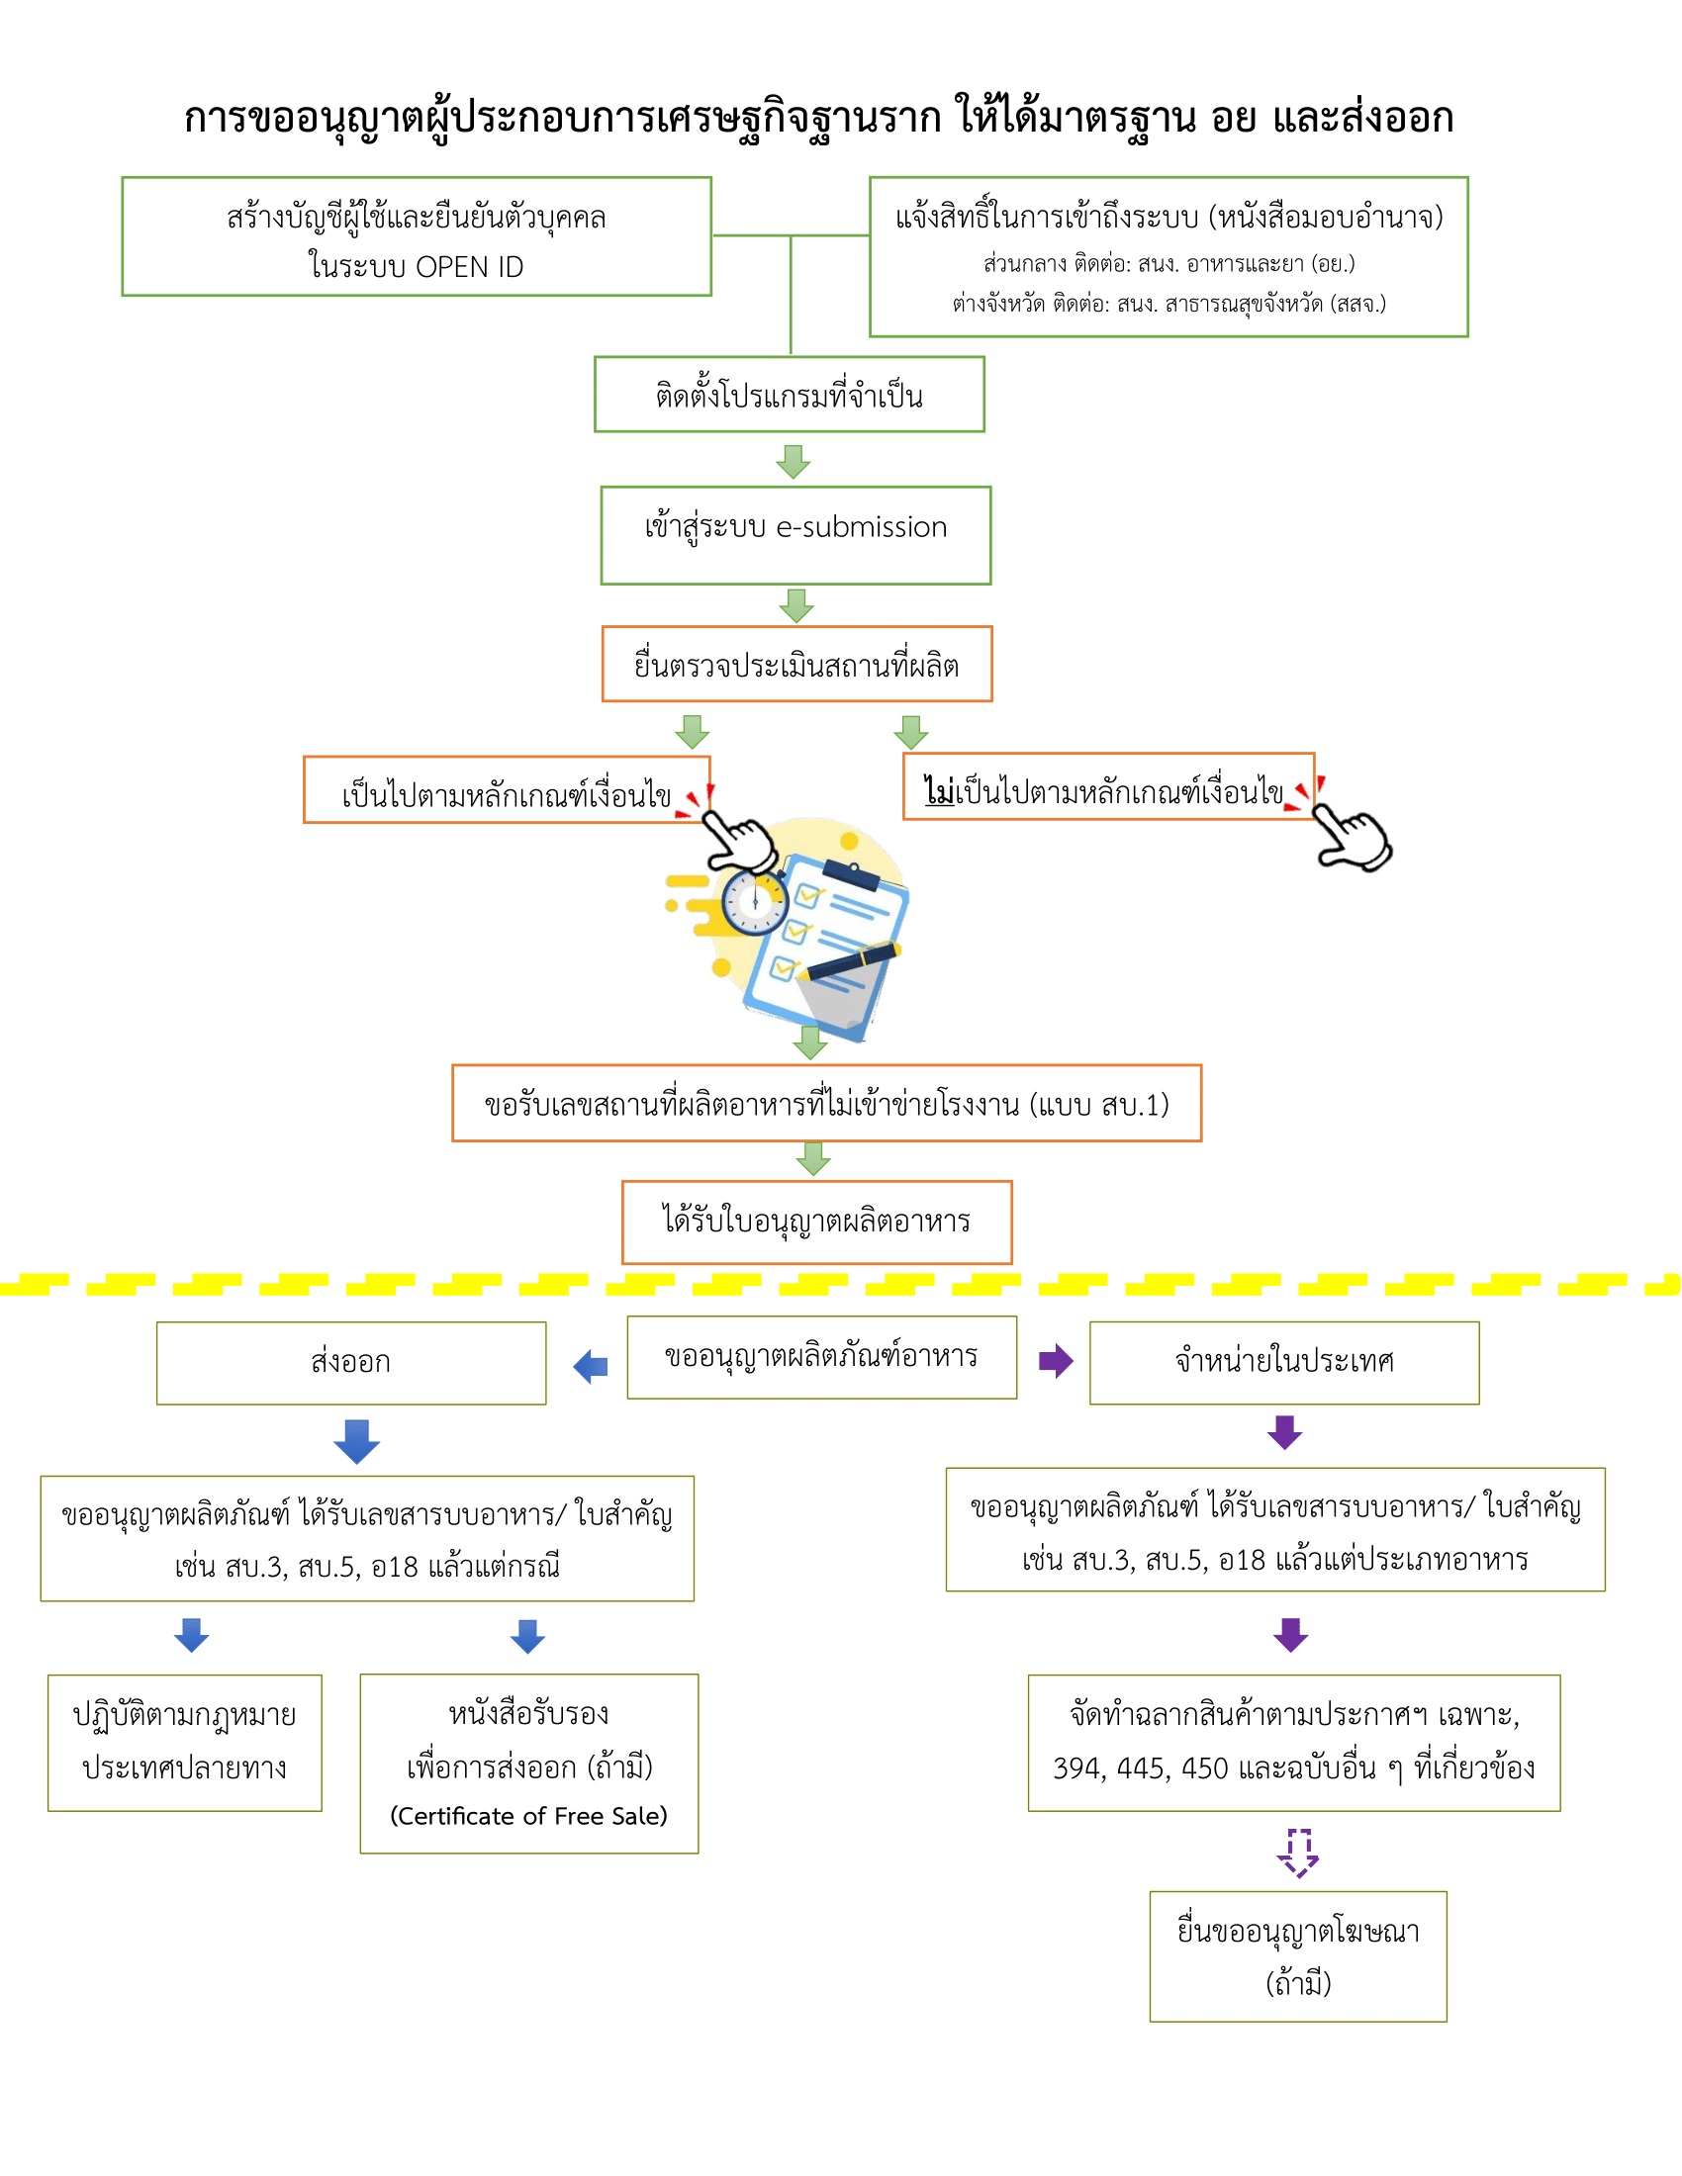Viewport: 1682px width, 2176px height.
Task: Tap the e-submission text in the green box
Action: point(861,527)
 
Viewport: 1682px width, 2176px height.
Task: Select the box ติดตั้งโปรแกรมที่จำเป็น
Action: point(790,395)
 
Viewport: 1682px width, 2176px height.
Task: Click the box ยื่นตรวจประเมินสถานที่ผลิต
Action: point(796,665)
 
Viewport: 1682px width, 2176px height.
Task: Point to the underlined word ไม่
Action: point(939,791)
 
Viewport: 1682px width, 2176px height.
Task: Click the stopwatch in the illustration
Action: point(754,903)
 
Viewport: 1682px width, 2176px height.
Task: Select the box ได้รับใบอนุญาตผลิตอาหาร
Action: point(816,1222)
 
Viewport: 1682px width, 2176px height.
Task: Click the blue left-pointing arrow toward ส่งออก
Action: point(591,1366)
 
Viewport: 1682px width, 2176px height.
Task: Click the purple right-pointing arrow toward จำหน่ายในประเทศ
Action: point(1056,1361)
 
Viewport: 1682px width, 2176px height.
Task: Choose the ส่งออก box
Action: point(351,1363)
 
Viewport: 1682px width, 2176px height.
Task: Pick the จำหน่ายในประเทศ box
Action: point(1283,1362)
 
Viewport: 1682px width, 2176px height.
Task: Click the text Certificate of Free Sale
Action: point(528,1816)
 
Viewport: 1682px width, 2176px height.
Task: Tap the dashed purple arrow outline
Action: point(1297,1853)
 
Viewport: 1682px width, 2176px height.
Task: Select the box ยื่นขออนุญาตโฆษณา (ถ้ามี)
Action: point(1297,1956)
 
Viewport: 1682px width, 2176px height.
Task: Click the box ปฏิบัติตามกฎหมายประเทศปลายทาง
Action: point(184,1743)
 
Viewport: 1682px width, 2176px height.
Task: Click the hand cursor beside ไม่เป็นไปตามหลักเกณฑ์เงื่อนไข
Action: point(1354,839)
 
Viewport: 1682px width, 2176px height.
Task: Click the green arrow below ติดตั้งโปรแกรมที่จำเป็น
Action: point(794,460)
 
